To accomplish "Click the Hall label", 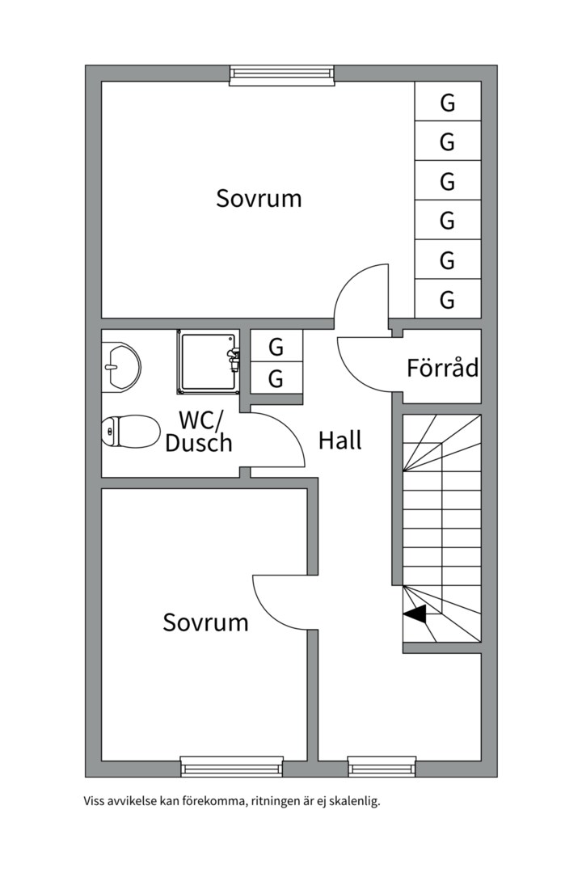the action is (339, 441).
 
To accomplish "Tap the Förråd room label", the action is (443, 368).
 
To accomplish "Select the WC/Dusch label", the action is (199, 432).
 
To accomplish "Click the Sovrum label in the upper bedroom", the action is (259, 198).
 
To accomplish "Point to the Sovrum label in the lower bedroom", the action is (205, 622).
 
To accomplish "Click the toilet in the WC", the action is (130, 431).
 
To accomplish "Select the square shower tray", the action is (207, 361).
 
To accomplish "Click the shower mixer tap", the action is (234, 358).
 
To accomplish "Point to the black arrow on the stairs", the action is (415, 614).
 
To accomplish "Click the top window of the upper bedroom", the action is (282, 74).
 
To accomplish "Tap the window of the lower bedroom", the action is (232, 766).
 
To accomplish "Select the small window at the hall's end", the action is (382, 766).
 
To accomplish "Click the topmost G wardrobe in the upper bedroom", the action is (448, 101).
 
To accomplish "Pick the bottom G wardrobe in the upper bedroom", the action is (448, 299).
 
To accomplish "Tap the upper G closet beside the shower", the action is (276, 346).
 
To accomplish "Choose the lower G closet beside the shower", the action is (276, 378).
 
